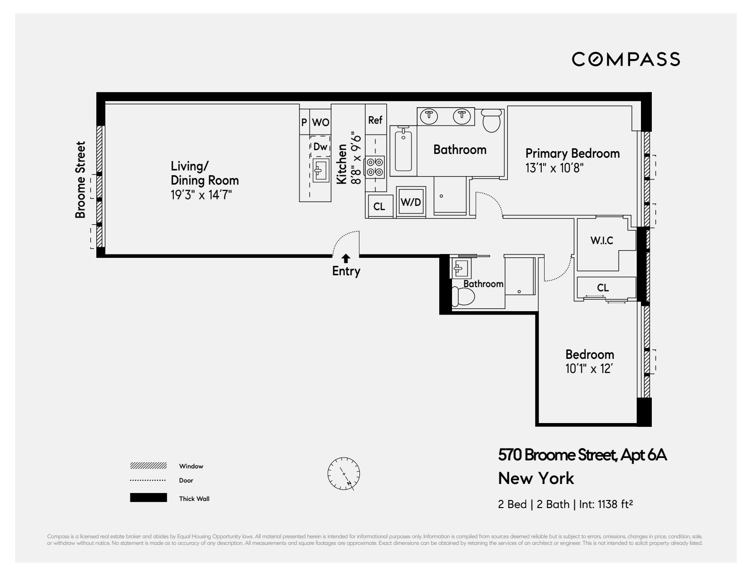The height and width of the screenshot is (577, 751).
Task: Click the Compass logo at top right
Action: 626,59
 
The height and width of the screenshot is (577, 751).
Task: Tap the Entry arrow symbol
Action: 346,258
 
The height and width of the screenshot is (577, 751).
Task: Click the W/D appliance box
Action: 410,202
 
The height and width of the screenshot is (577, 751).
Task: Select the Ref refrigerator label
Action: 375,120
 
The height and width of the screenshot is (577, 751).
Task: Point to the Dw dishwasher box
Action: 320,147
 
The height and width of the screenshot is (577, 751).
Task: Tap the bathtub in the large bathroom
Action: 403,150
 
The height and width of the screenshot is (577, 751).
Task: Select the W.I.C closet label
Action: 601,241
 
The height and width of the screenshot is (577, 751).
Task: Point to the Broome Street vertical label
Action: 81,180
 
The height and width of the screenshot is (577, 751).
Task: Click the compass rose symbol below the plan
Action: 344,473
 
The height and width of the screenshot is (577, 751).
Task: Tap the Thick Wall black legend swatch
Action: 148,498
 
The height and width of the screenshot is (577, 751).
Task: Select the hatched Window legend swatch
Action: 148,466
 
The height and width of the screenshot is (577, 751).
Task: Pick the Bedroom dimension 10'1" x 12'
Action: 589,369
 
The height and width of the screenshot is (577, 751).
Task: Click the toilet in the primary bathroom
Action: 491,121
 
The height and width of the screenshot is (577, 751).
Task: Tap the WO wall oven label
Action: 321,123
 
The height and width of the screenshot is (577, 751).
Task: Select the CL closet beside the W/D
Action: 379,206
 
